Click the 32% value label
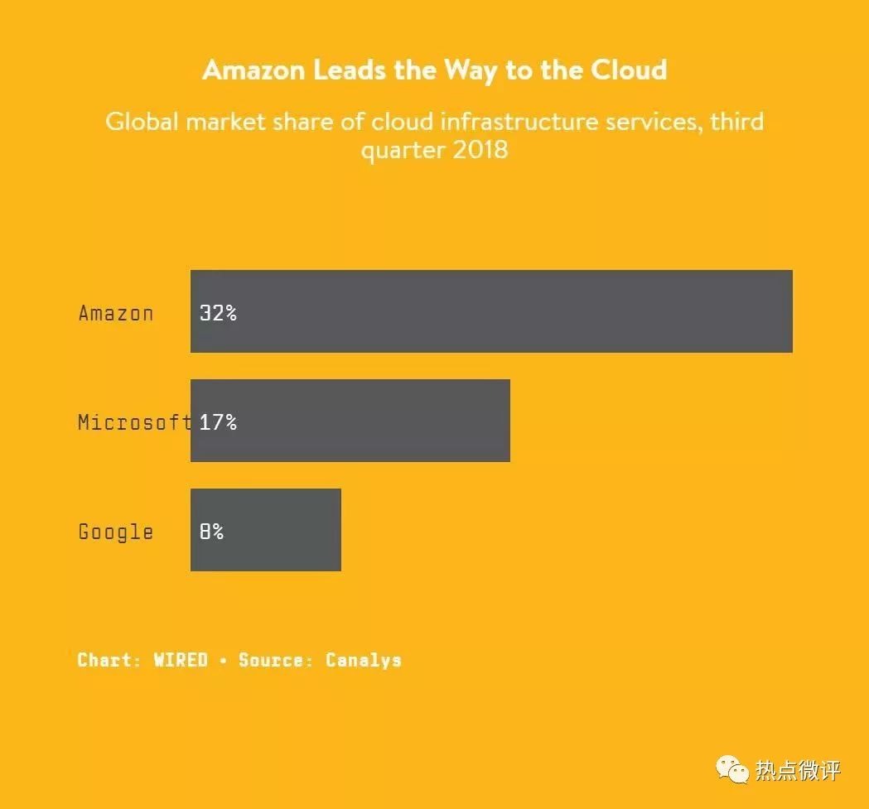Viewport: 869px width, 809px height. point(218,313)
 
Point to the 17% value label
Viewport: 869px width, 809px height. point(218,422)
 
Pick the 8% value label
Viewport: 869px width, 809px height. point(211,532)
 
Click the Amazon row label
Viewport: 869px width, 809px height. point(116,313)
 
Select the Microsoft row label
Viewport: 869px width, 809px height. point(134,422)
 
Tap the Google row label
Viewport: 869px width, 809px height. point(116,532)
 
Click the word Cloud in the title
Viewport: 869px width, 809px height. point(629,70)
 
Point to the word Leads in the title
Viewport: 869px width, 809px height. point(351,70)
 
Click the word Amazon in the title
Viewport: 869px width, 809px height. point(253,70)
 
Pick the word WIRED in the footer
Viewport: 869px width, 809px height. point(181,660)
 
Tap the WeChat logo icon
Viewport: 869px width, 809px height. point(732,769)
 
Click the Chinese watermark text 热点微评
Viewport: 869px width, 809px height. point(798,770)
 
